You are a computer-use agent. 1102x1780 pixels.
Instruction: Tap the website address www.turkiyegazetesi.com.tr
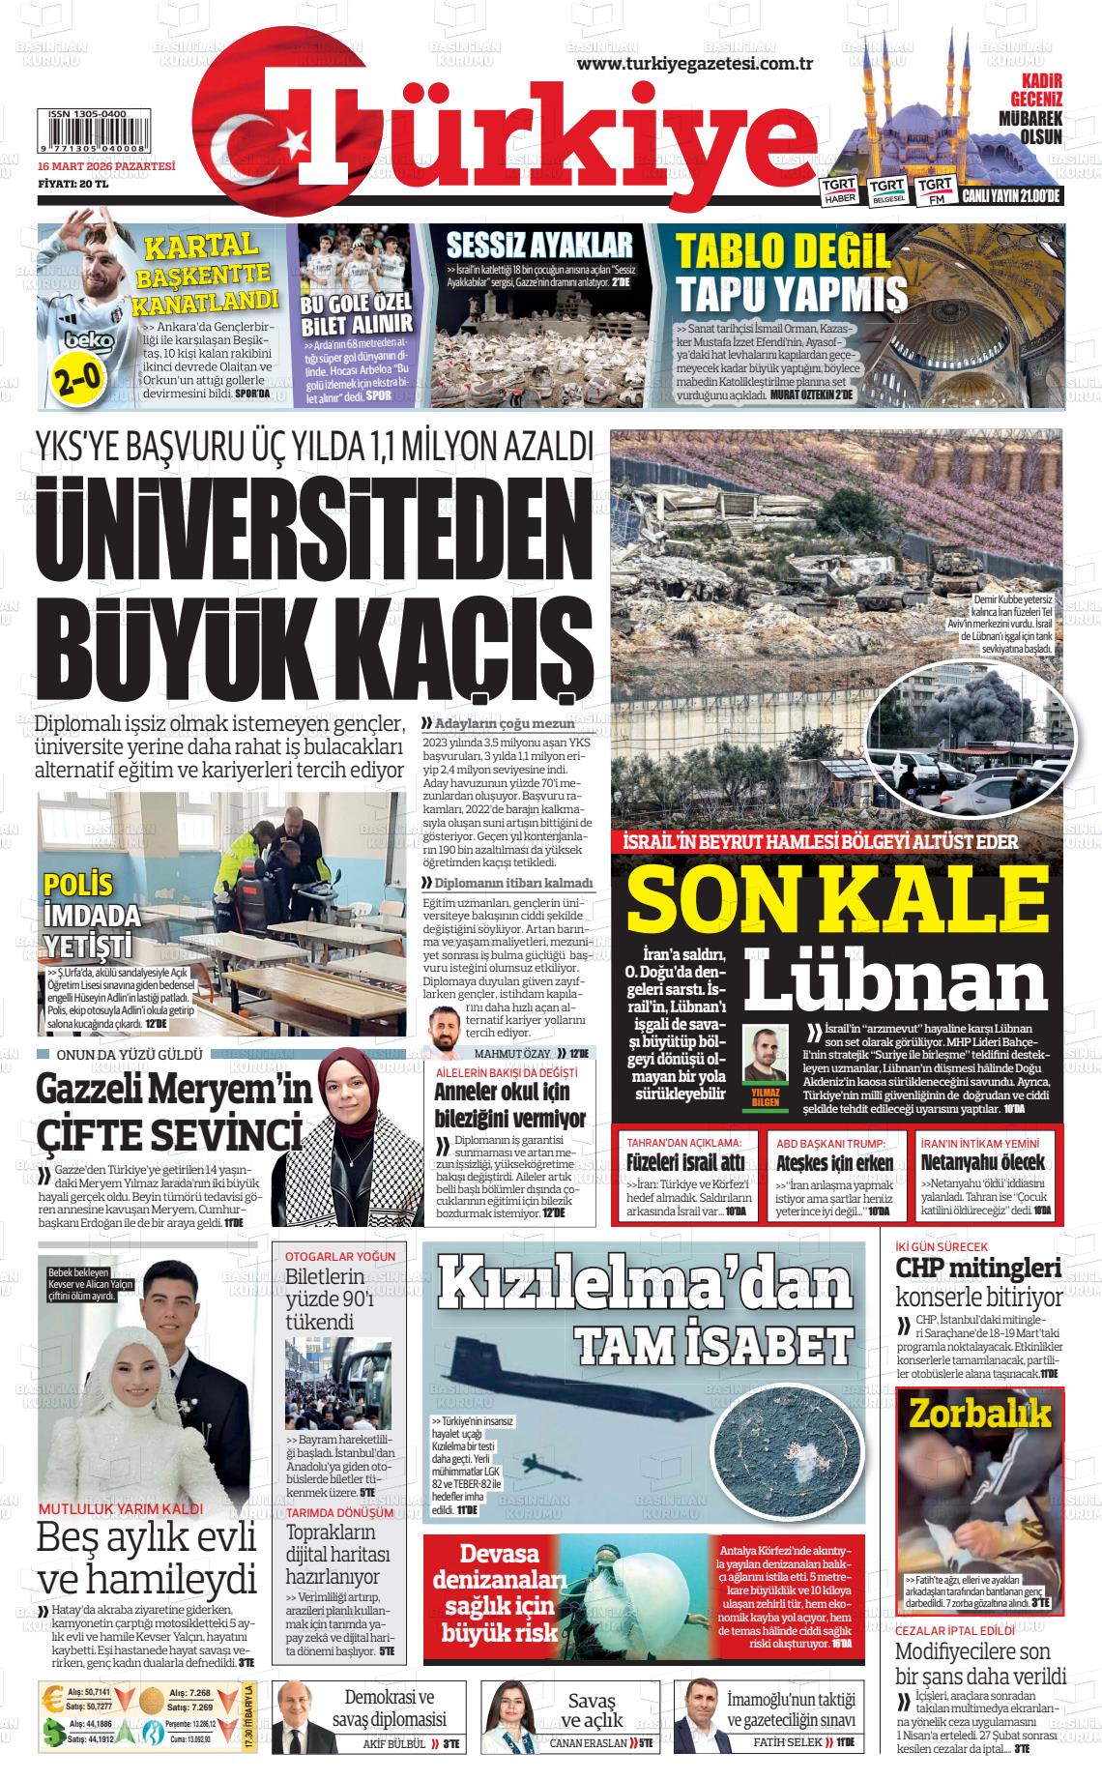(693, 64)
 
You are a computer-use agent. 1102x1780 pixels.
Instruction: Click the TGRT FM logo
(935, 190)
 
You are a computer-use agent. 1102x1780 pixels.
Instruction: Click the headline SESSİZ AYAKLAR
(538, 245)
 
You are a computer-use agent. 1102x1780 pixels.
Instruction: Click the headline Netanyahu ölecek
(982, 1161)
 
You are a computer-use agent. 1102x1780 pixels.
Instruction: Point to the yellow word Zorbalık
(979, 1415)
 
